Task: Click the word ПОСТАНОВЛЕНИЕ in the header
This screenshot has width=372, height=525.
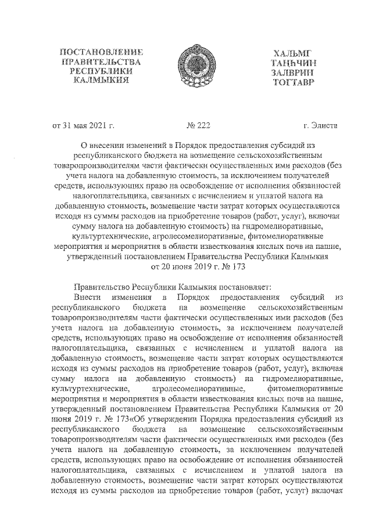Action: (x=101, y=52)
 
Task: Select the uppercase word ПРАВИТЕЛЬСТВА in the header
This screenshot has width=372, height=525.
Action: (x=101, y=61)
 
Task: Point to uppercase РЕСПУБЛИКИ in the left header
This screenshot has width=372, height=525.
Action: (x=101, y=71)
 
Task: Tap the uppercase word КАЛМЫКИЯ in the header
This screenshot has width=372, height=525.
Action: (x=101, y=80)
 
